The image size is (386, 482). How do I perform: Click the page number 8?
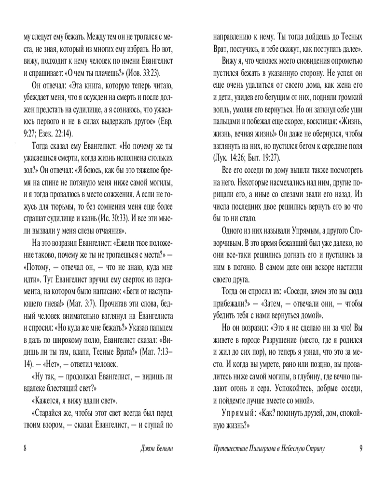(25, 448)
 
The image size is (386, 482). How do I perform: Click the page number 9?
(360, 448)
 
